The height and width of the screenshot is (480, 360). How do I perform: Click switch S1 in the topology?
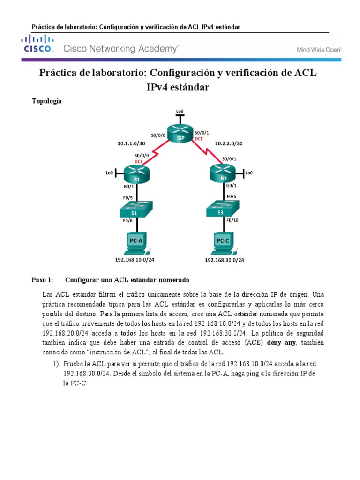(134, 209)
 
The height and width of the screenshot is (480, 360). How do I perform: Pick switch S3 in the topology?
(222, 209)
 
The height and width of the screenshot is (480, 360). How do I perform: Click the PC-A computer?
(135, 243)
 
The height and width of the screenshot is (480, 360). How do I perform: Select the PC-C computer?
(223, 243)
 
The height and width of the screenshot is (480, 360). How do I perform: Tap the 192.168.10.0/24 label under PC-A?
(135, 259)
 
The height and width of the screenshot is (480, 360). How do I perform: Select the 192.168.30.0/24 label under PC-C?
(225, 260)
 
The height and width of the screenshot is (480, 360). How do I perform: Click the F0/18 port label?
(232, 220)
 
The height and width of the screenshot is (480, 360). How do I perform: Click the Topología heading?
(47, 101)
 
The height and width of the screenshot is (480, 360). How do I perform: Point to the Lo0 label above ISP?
(180, 111)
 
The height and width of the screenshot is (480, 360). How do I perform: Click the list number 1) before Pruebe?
(56, 364)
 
